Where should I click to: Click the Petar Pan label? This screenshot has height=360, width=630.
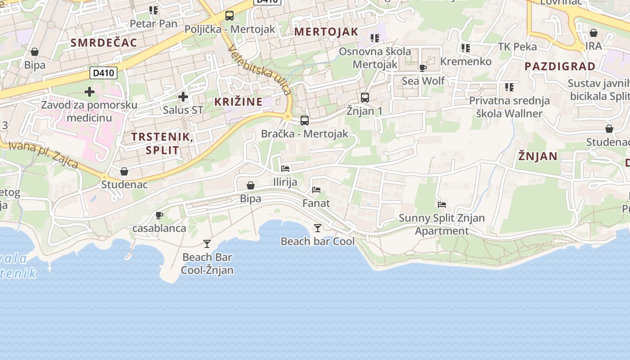[153, 23]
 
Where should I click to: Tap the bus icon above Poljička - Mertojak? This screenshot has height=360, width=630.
[229, 16]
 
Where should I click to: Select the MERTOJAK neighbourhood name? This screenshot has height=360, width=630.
[326, 31]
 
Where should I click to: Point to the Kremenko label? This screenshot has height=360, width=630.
[466, 61]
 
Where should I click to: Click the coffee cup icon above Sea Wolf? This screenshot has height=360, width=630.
[423, 68]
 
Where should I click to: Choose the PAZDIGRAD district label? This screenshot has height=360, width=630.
[560, 66]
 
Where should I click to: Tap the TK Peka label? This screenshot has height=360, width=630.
[517, 46]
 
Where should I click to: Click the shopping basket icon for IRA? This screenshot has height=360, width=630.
[594, 33]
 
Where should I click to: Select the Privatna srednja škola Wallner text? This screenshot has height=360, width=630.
[509, 107]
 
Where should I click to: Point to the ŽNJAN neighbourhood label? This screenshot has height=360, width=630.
[538, 156]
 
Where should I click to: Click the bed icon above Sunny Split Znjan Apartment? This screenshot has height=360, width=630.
[442, 205]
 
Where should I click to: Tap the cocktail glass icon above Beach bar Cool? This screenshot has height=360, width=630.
[318, 228]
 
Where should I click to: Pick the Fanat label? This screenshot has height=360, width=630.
[316, 203]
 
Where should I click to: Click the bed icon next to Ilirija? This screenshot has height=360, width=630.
[285, 169]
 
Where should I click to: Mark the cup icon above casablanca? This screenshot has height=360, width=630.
[159, 215]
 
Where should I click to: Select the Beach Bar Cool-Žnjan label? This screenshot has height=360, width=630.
[207, 264]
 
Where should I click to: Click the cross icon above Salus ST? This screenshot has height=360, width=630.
[183, 97]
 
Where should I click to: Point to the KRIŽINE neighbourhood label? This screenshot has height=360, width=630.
[238, 102]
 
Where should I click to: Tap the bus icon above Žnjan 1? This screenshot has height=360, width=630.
[365, 97]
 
